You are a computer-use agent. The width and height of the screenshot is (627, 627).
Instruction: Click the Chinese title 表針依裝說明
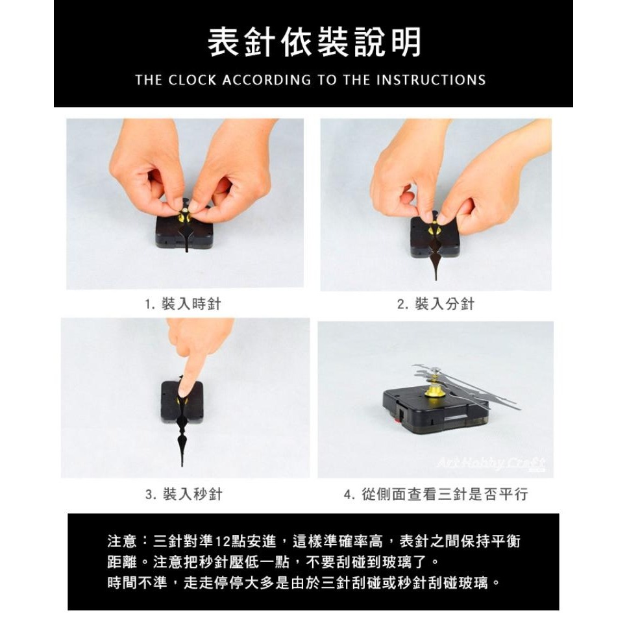[313, 42]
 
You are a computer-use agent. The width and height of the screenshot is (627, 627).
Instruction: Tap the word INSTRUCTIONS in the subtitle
[432, 80]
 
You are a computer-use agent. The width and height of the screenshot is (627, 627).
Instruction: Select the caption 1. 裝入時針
[184, 304]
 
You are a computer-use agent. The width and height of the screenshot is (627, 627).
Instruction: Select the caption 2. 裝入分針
[436, 304]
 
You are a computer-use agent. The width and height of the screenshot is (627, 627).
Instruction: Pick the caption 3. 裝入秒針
[184, 494]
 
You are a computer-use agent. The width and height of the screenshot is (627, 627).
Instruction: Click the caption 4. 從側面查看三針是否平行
[436, 494]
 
